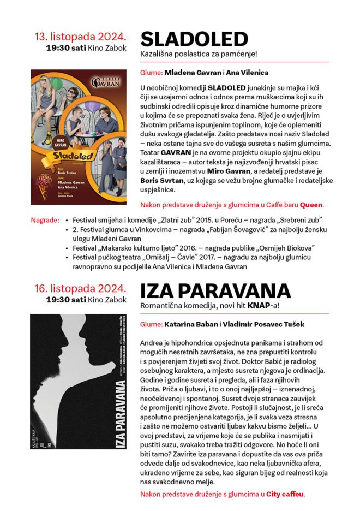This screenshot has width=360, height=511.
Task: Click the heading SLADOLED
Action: click(194, 39)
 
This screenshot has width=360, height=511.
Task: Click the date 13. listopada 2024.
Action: click(81, 37)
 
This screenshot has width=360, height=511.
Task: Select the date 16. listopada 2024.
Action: click(81, 288)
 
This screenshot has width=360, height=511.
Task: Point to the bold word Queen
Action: click(311, 205)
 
